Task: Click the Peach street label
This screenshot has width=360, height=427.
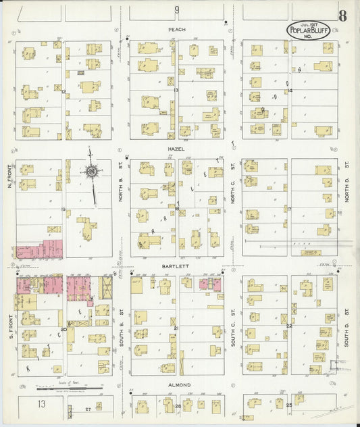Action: tap(176, 30)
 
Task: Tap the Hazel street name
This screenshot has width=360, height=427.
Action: tap(178, 149)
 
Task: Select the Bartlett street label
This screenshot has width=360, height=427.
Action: tap(177, 266)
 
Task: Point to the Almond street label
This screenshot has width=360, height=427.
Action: tap(178, 385)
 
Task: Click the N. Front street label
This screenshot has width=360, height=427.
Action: tap(10, 177)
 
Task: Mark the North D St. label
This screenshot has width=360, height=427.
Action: tap(345, 178)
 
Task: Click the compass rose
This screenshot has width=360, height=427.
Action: tap(91, 171)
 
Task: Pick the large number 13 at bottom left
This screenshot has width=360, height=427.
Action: tap(42, 403)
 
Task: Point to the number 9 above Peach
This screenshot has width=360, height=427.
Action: tap(177, 9)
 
